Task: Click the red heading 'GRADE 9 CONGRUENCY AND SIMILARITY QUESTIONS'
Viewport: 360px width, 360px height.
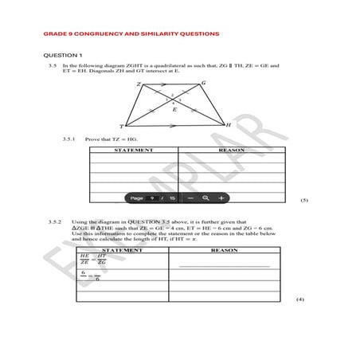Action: click(x=131, y=34)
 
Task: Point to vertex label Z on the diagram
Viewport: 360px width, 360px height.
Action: click(x=139, y=84)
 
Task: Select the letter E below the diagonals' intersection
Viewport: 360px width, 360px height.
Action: click(x=174, y=110)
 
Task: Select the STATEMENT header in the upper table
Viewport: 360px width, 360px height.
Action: click(x=134, y=150)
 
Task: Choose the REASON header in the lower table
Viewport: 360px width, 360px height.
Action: click(x=225, y=250)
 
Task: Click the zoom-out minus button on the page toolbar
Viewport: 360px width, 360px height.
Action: click(x=190, y=198)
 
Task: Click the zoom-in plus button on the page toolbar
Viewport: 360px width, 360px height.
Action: click(x=221, y=198)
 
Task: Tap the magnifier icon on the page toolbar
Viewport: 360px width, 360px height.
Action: click(x=205, y=198)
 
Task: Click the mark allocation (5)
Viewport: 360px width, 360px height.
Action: click(x=303, y=201)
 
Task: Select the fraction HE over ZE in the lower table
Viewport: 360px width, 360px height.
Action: click(x=84, y=260)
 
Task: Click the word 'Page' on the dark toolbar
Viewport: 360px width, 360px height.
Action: click(x=136, y=198)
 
